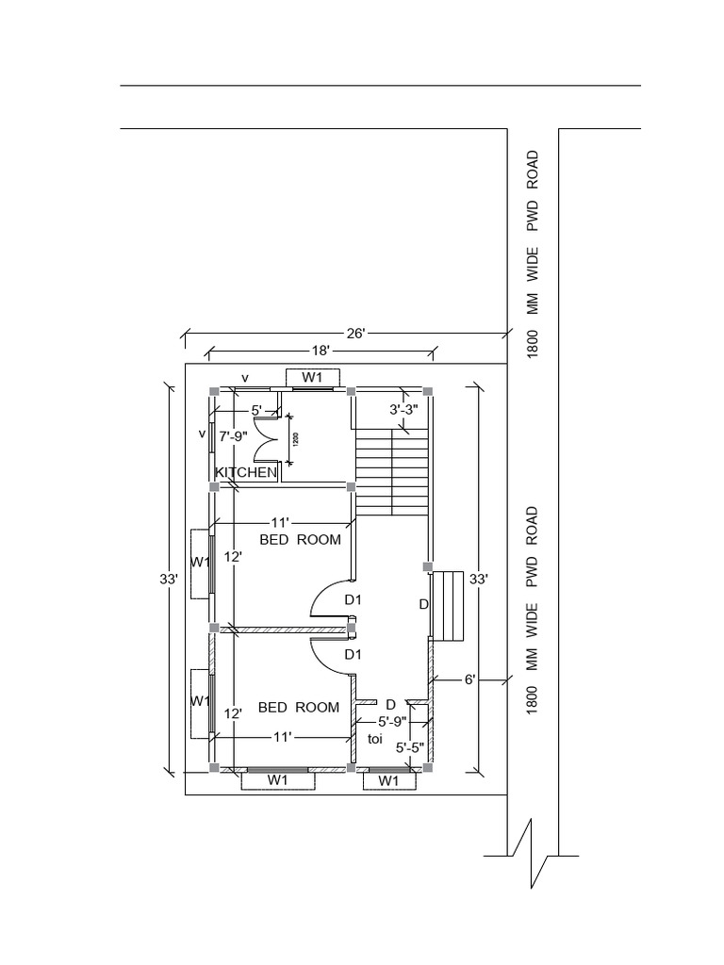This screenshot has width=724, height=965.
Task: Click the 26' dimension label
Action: [x=355, y=334]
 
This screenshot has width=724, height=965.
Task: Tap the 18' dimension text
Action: [x=321, y=351]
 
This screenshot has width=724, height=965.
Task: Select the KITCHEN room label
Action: [x=246, y=473]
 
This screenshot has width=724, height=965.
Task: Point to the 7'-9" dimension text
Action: [x=234, y=436]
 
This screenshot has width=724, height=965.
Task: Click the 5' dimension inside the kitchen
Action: [x=256, y=410]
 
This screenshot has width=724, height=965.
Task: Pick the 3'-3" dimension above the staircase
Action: [x=403, y=409]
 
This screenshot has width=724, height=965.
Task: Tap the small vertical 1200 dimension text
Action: [x=295, y=439]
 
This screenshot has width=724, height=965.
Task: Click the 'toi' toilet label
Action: [x=375, y=739]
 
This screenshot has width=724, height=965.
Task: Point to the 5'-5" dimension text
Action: [x=409, y=747]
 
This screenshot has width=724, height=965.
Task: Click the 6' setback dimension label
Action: [x=469, y=679]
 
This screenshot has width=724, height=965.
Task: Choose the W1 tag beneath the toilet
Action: [x=387, y=781]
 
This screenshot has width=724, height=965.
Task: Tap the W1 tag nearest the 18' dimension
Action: [x=312, y=377]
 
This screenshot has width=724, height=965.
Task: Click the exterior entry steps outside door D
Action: [x=448, y=607]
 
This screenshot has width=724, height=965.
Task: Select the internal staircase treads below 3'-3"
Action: [x=391, y=472]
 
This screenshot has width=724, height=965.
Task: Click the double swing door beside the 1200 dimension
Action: [x=267, y=439]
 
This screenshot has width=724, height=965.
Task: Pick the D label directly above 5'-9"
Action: [x=390, y=704]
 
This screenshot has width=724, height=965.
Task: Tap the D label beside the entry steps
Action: [x=423, y=604]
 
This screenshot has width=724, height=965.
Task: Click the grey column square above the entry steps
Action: [x=428, y=566]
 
